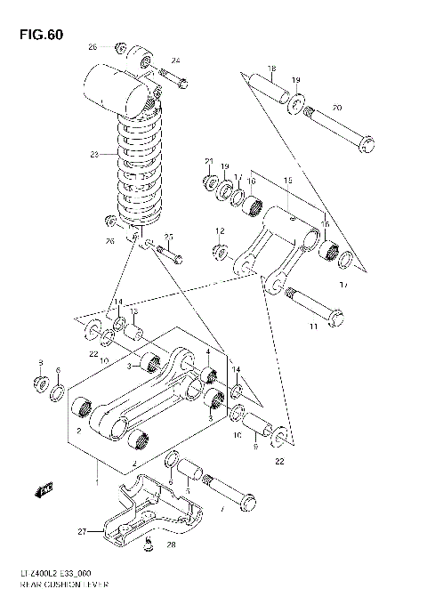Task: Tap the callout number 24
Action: point(175,60)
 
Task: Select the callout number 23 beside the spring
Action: point(95,154)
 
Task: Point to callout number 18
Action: point(271,69)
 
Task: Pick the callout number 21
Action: point(209,160)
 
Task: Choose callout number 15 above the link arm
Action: point(287,181)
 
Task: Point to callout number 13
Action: point(133,312)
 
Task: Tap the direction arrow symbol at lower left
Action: point(42,487)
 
